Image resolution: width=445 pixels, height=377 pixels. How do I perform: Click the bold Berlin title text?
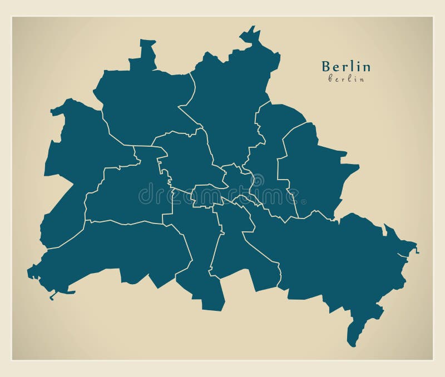click(x=346, y=67)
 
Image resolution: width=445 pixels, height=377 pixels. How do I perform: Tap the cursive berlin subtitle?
click(x=346, y=79)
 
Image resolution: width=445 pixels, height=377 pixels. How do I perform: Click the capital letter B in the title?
click(x=326, y=67)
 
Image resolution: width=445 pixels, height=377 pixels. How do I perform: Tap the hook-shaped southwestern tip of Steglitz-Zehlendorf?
click(x=53, y=295)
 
